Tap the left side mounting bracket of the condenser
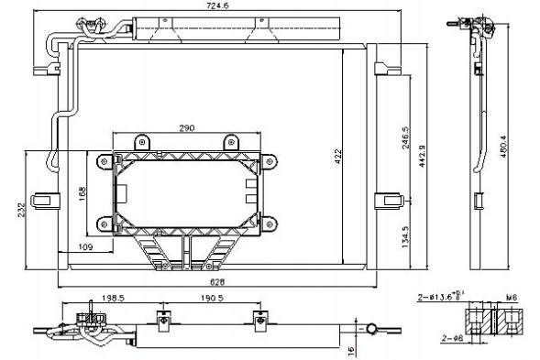(x=43, y=199)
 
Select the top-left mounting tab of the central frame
(x=141, y=142)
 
